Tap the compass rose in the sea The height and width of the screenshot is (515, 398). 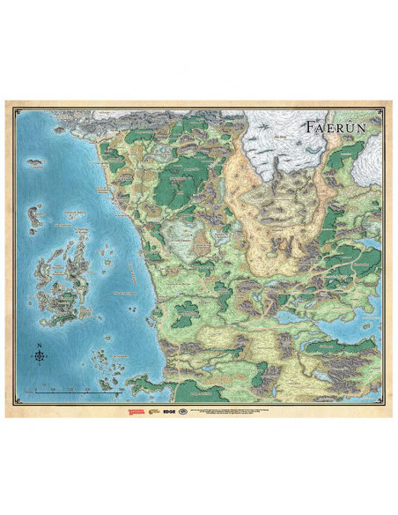[x=40, y=355]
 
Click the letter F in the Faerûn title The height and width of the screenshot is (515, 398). [x=310, y=124]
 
